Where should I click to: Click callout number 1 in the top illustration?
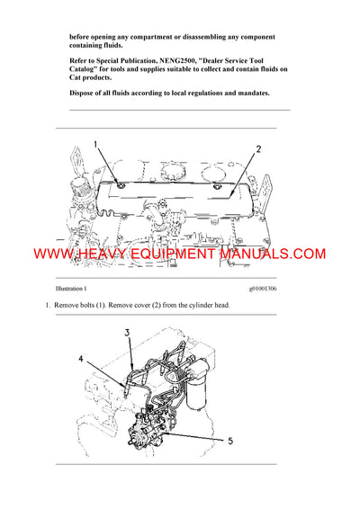point(97,145)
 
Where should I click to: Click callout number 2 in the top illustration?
point(257,149)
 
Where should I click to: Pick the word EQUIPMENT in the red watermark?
point(173,255)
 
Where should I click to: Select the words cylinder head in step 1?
point(208,307)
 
